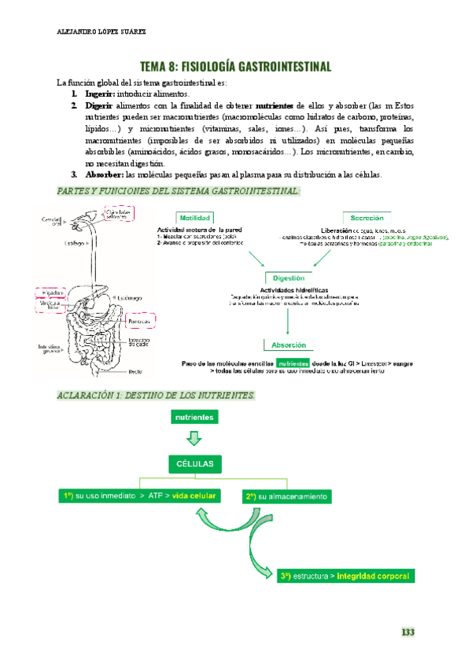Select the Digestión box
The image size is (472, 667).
point(289,278)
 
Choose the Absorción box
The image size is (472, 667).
point(289,345)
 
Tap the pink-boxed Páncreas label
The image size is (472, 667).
point(139,321)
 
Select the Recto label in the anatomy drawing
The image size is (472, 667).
point(135,371)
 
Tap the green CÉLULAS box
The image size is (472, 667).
point(194,463)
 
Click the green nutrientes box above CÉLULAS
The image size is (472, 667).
point(194,418)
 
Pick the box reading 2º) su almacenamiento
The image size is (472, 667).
point(286,497)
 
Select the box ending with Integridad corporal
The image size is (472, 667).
point(345,576)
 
